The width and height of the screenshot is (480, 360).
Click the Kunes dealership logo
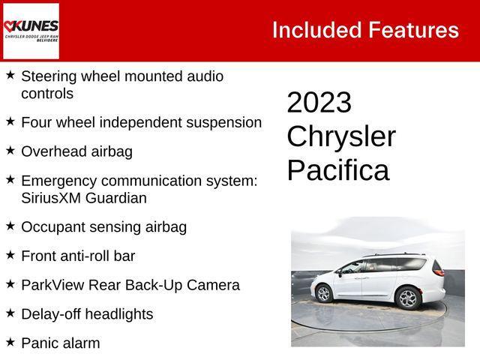click(31, 30)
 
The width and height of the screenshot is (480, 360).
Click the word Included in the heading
click(316, 30)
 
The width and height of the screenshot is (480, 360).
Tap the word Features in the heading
click(413, 30)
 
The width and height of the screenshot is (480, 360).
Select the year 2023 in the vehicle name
click(319, 103)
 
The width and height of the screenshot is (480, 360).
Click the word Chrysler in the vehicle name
click(341, 136)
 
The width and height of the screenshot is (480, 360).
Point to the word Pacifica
click(338, 170)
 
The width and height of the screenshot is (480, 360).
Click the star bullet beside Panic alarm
click(10, 342)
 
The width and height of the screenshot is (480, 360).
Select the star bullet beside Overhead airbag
click(10, 150)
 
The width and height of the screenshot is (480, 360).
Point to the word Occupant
click(52, 227)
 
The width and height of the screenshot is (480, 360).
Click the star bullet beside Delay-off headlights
click(10, 313)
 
